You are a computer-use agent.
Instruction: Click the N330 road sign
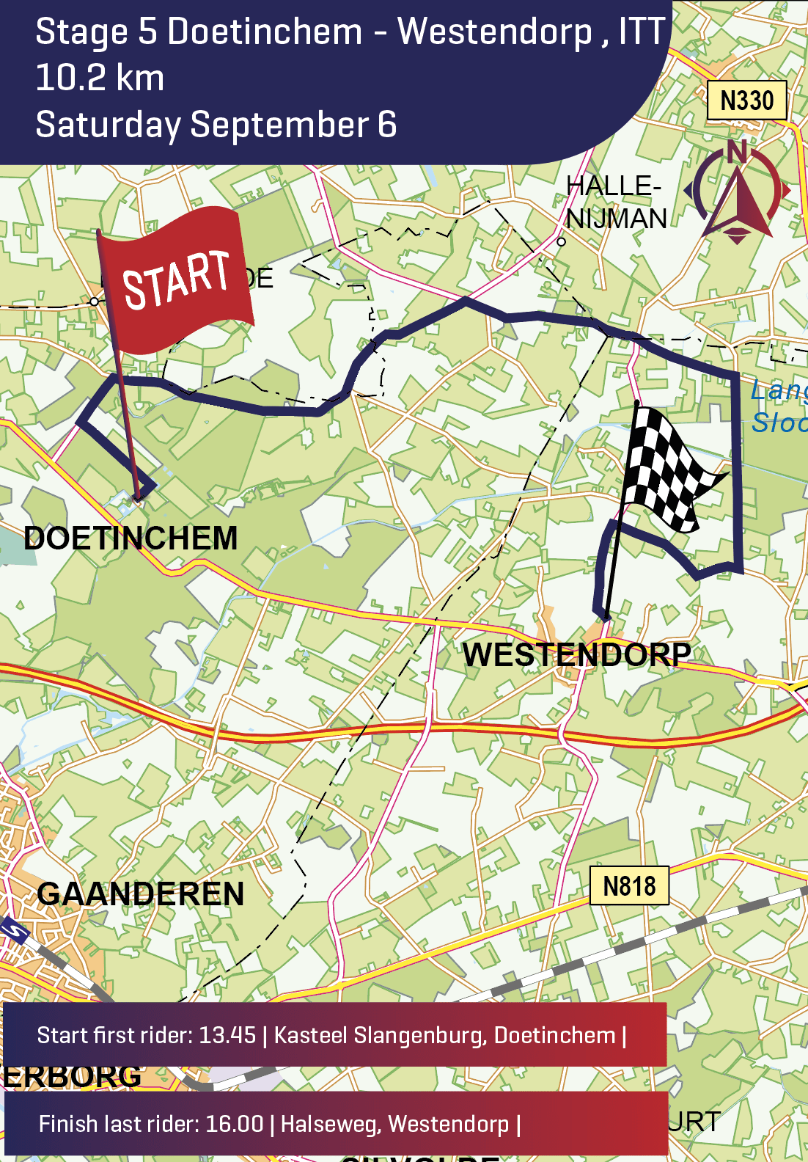coord(746,101)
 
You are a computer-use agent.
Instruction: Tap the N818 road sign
coord(629,886)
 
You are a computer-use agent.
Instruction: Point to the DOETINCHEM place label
coord(131,538)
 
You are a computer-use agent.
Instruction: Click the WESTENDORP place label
coord(576,654)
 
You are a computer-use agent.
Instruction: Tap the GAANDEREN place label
coord(140,894)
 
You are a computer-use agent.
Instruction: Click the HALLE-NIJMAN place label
coord(616,202)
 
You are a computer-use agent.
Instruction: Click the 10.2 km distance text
coord(100,78)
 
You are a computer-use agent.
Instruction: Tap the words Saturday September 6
coord(216,124)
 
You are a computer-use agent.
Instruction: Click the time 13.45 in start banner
coord(227,1035)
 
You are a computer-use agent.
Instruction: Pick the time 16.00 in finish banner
coord(234,1124)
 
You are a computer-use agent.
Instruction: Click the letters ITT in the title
coord(642,32)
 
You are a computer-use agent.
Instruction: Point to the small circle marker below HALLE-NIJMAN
coord(561,241)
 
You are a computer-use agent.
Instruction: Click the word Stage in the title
coord(82,33)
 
